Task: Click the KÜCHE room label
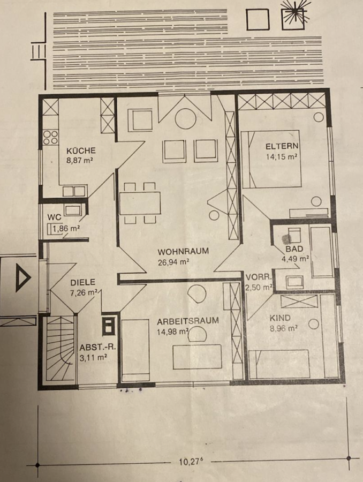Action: [x=81, y=150]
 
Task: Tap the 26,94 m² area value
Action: [x=173, y=262]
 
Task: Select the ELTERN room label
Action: [x=282, y=146]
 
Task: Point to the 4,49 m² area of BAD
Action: [x=295, y=259]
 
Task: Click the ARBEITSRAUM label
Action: [x=188, y=321]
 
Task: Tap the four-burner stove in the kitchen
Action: [x=50, y=138]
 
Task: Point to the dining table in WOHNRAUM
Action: [x=140, y=203]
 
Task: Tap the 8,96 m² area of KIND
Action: [x=283, y=328]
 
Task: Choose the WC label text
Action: [x=54, y=217]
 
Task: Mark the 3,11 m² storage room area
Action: [x=93, y=358]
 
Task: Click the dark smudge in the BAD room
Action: [x=287, y=238]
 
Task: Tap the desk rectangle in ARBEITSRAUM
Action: [x=198, y=357]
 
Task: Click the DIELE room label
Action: [x=82, y=282]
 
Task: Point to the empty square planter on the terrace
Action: [x=258, y=19]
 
